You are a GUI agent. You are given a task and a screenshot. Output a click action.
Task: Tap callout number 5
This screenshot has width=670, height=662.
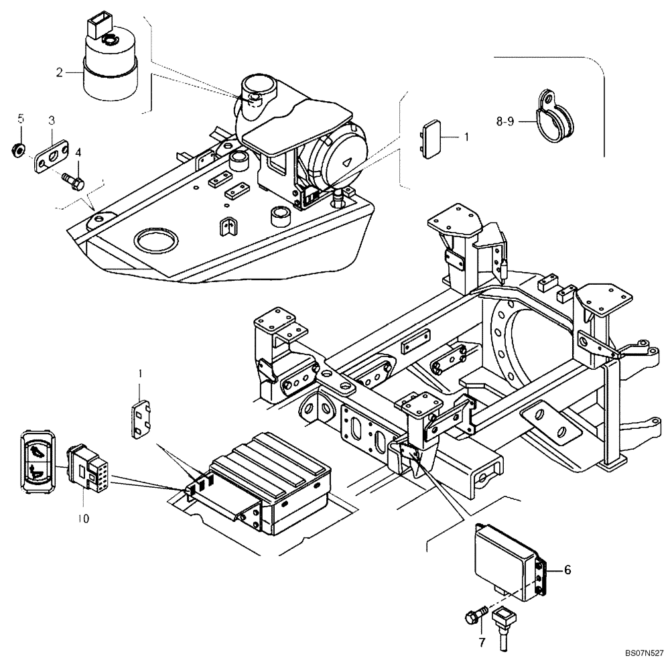pyautogui.click(x=20, y=119)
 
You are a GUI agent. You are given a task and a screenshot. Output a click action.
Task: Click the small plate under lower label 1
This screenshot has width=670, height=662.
pyautogui.click(x=140, y=421)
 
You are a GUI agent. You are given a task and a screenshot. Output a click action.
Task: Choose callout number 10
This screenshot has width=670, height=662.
pyautogui.click(x=82, y=518)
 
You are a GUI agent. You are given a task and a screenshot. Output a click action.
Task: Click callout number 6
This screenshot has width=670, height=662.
pyautogui.click(x=567, y=570)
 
